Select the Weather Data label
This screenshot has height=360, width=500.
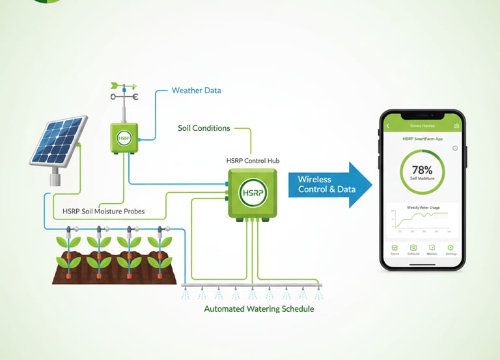coord(196,90)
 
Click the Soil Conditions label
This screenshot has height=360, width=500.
coord(204,128)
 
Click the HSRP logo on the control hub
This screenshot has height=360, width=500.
coord(252,193)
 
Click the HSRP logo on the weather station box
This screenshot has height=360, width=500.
coord(124,138)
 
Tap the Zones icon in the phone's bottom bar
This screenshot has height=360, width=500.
coord(394,249)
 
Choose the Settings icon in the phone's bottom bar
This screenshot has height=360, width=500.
coord(450,249)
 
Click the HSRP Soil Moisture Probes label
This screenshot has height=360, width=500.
coord(104,212)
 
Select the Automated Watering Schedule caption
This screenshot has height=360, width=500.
coord(259,309)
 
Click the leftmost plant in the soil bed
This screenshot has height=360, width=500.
coord(68,251)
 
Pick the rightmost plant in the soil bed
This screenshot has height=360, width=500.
coord(160,251)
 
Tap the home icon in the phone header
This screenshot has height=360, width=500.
coord(456,126)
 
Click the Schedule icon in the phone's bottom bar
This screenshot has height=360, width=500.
coord(413,249)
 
